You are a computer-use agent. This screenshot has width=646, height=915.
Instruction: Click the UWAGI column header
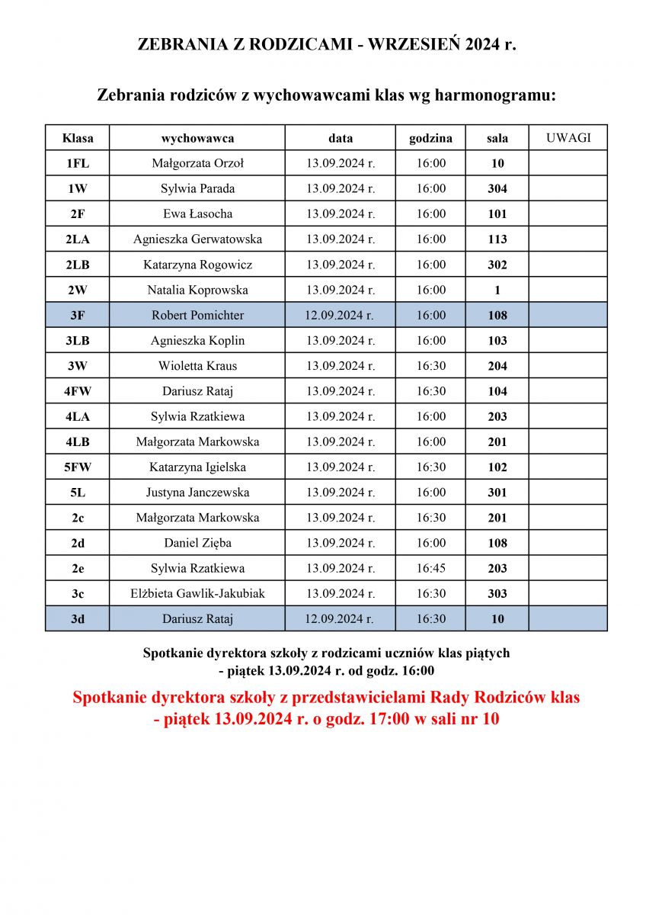tap(568, 138)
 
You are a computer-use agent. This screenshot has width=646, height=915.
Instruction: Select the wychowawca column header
tap(197, 138)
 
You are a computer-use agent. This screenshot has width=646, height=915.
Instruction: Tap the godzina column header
tap(430, 138)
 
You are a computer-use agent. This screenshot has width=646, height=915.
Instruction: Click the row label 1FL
tap(78, 163)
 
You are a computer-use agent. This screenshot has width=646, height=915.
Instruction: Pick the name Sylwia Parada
tap(197, 188)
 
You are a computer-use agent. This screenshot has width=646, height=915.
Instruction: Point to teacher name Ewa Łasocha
tap(197, 213)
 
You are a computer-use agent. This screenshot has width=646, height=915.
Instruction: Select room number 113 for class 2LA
tap(497, 239)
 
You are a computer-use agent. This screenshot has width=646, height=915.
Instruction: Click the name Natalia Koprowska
tap(197, 290)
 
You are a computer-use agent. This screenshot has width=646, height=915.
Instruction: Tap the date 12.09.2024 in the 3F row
tap(340, 315)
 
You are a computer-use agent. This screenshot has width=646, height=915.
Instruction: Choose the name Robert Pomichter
tap(197, 315)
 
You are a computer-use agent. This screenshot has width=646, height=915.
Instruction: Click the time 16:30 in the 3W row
tap(430, 366)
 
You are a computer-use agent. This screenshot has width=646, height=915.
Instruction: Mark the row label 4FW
tap(78, 391)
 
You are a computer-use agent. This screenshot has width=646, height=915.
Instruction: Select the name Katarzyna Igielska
tap(197, 467)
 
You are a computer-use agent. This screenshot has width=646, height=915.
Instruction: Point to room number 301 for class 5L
tap(497, 493)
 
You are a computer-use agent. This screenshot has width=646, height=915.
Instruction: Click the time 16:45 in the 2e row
tap(430, 568)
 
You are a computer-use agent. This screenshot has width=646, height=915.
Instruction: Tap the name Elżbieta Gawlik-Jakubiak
tap(197, 593)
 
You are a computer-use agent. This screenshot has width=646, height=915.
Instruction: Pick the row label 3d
tap(78, 619)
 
